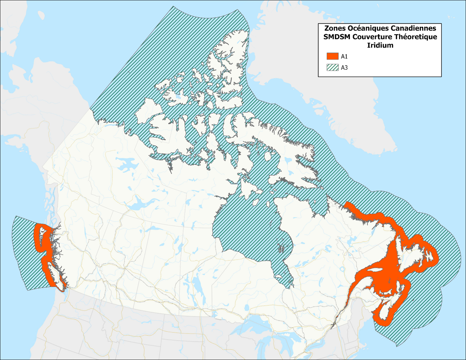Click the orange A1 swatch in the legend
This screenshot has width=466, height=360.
(x=332, y=56)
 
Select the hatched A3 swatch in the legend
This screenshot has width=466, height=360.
(x=332, y=67)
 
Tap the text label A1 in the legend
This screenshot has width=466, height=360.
(x=344, y=56)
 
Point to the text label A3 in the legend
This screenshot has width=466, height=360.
(x=344, y=68)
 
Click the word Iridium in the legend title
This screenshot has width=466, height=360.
(x=380, y=45)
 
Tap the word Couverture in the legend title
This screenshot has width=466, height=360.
(x=372, y=37)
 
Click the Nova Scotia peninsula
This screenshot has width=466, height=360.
(x=386, y=311)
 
